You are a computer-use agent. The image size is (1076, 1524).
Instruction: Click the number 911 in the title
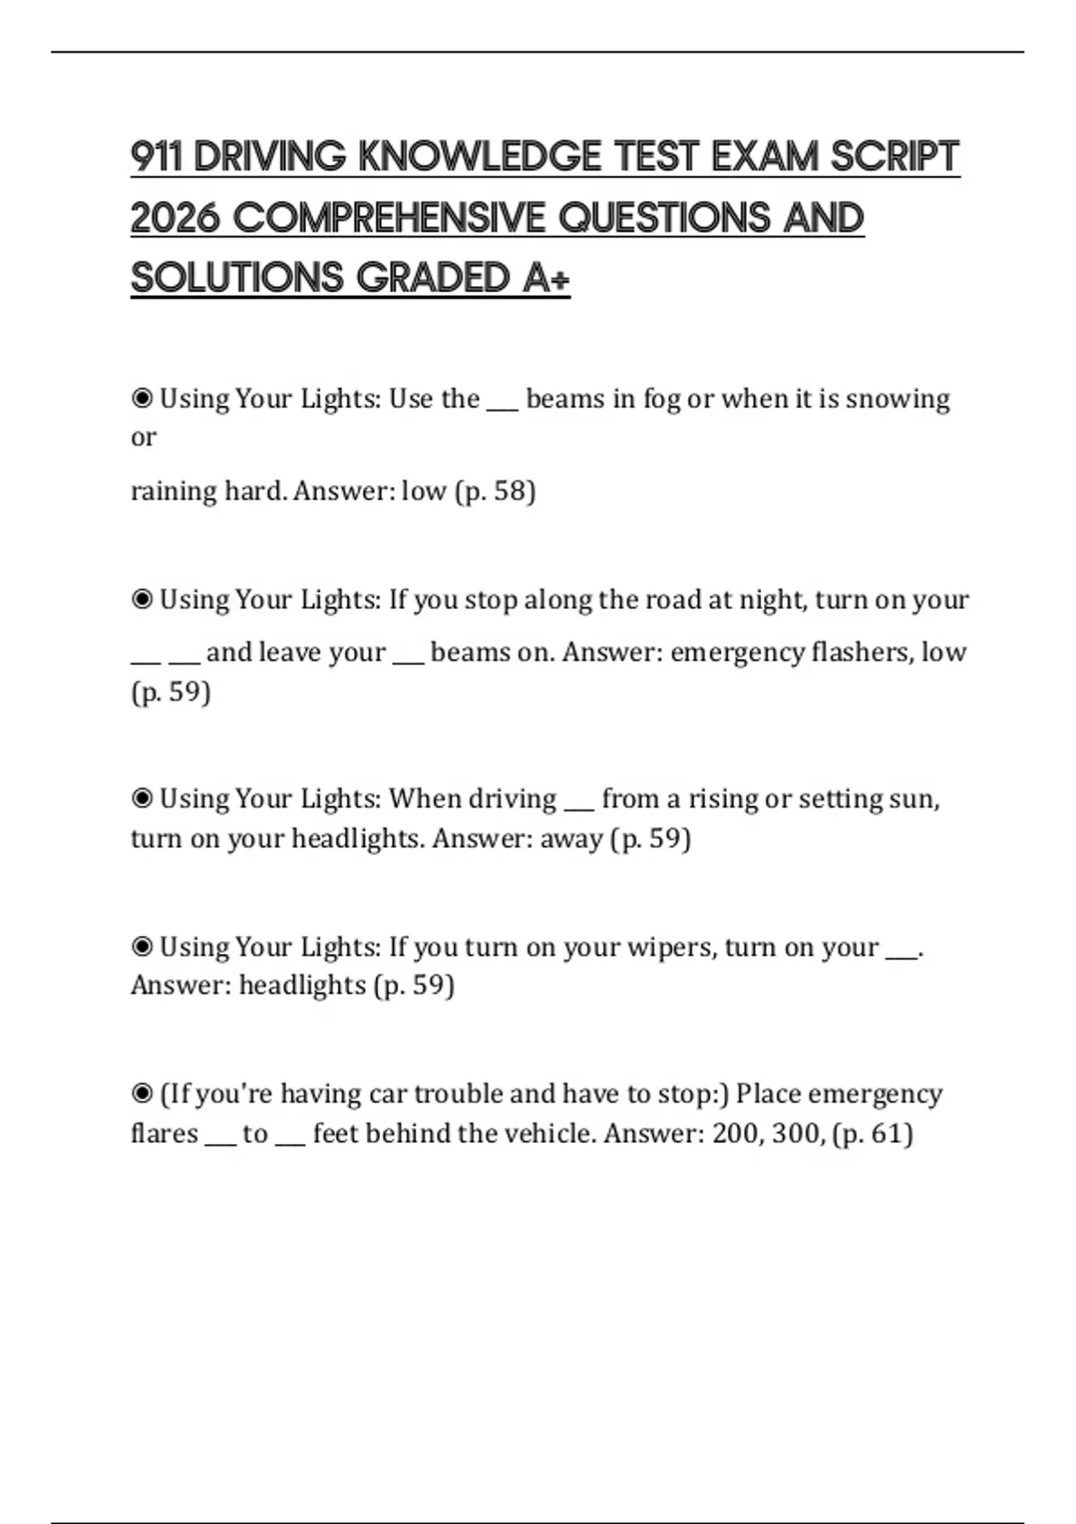[x=156, y=157]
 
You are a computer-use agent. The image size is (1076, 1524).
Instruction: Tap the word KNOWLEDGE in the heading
[x=480, y=157]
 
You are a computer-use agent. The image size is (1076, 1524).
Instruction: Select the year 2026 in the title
[x=175, y=218]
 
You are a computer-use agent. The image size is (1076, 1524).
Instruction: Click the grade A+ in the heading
[x=546, y=278]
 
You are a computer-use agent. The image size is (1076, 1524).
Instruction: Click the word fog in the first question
[x=661, y=399]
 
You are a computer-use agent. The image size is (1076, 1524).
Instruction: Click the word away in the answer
[x=570, y=838]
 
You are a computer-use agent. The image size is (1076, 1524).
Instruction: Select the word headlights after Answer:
[x=302, y=985]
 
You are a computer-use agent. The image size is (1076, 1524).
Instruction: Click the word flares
[x=164, y=1133]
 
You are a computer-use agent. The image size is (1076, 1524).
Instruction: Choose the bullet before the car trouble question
[x=142, y=1094]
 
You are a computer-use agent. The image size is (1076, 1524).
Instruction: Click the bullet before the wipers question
[x=142, y=947]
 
